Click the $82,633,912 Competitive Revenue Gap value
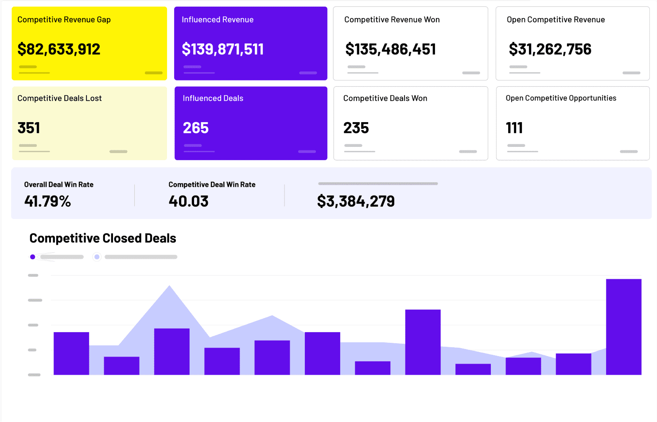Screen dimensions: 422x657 [x=59, y=49]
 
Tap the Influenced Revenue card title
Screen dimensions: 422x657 [x=218, y=19]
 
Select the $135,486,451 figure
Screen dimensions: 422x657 [x=391, y=49]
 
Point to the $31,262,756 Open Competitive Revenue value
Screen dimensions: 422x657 [x=550, y=49]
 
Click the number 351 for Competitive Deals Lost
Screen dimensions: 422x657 [x=29, y=128]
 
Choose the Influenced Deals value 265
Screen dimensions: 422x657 [x=196, y=128]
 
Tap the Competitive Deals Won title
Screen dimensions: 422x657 [x=385, y=98]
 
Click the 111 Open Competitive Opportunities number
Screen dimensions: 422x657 [x=514, y=128]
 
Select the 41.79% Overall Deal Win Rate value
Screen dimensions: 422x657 [x=47, y=201]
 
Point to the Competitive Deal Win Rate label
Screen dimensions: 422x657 [x=212, y=184]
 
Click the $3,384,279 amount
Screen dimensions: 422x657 [x=356, y=201]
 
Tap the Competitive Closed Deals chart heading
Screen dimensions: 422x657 [x=103, y=238]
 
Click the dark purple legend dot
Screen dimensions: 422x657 [x=32, y=257]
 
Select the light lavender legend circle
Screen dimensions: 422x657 [x=97, y=257]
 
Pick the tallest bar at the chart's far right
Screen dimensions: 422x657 [x=623, y=327]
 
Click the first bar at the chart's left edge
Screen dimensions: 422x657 [x=71, y=353]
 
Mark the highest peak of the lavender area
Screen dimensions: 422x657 [x=170, y=288]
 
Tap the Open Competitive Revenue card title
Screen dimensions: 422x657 [x=556, y=19]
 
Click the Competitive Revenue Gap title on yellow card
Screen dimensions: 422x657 [x=64, y=19]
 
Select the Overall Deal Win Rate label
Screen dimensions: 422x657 [x=58, y=184]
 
